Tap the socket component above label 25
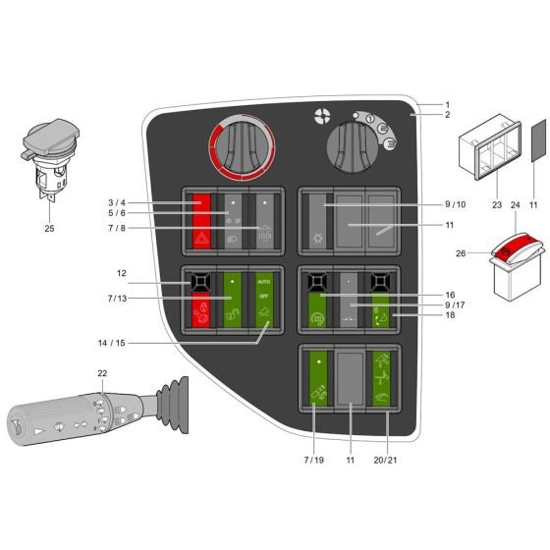pyautogui.click(x=47, y=163)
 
